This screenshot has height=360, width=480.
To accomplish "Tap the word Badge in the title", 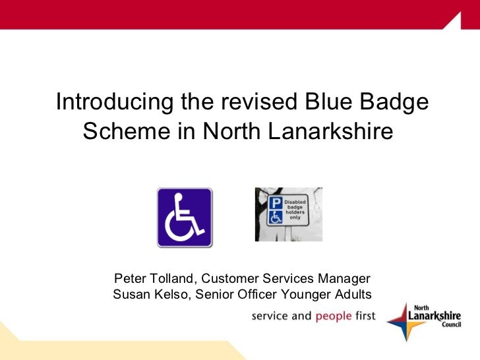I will pyautogui.click(x=395, y=103).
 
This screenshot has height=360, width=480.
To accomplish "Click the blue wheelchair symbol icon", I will pyautogui.click(x=185, y=217).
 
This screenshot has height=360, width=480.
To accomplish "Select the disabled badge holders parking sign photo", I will pyautogui.click(x=289, y=214).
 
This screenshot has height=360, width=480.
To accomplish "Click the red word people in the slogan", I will pyautogui.click(x=334, y=316).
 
